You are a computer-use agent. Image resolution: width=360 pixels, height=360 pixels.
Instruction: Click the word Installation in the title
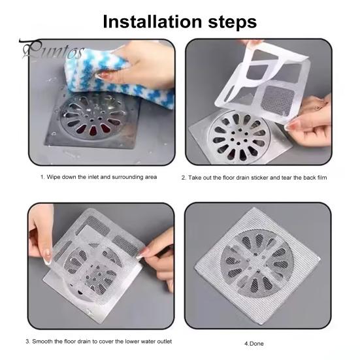pos(152,22)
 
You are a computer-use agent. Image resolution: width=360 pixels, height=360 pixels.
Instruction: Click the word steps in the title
pos(232,22)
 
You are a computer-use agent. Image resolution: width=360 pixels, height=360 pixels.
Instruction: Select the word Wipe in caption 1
pos(54,177)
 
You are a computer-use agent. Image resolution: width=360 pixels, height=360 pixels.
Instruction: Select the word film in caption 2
pos(321,178)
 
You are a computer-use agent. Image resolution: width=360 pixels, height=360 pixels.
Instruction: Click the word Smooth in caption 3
pos(42,342)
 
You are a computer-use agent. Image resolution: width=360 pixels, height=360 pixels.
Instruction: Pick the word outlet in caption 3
pos(165,342)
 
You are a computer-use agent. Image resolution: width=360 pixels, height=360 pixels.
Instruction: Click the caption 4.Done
pos(254,344)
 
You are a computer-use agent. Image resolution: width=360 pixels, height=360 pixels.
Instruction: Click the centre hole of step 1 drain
pos(92,120)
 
